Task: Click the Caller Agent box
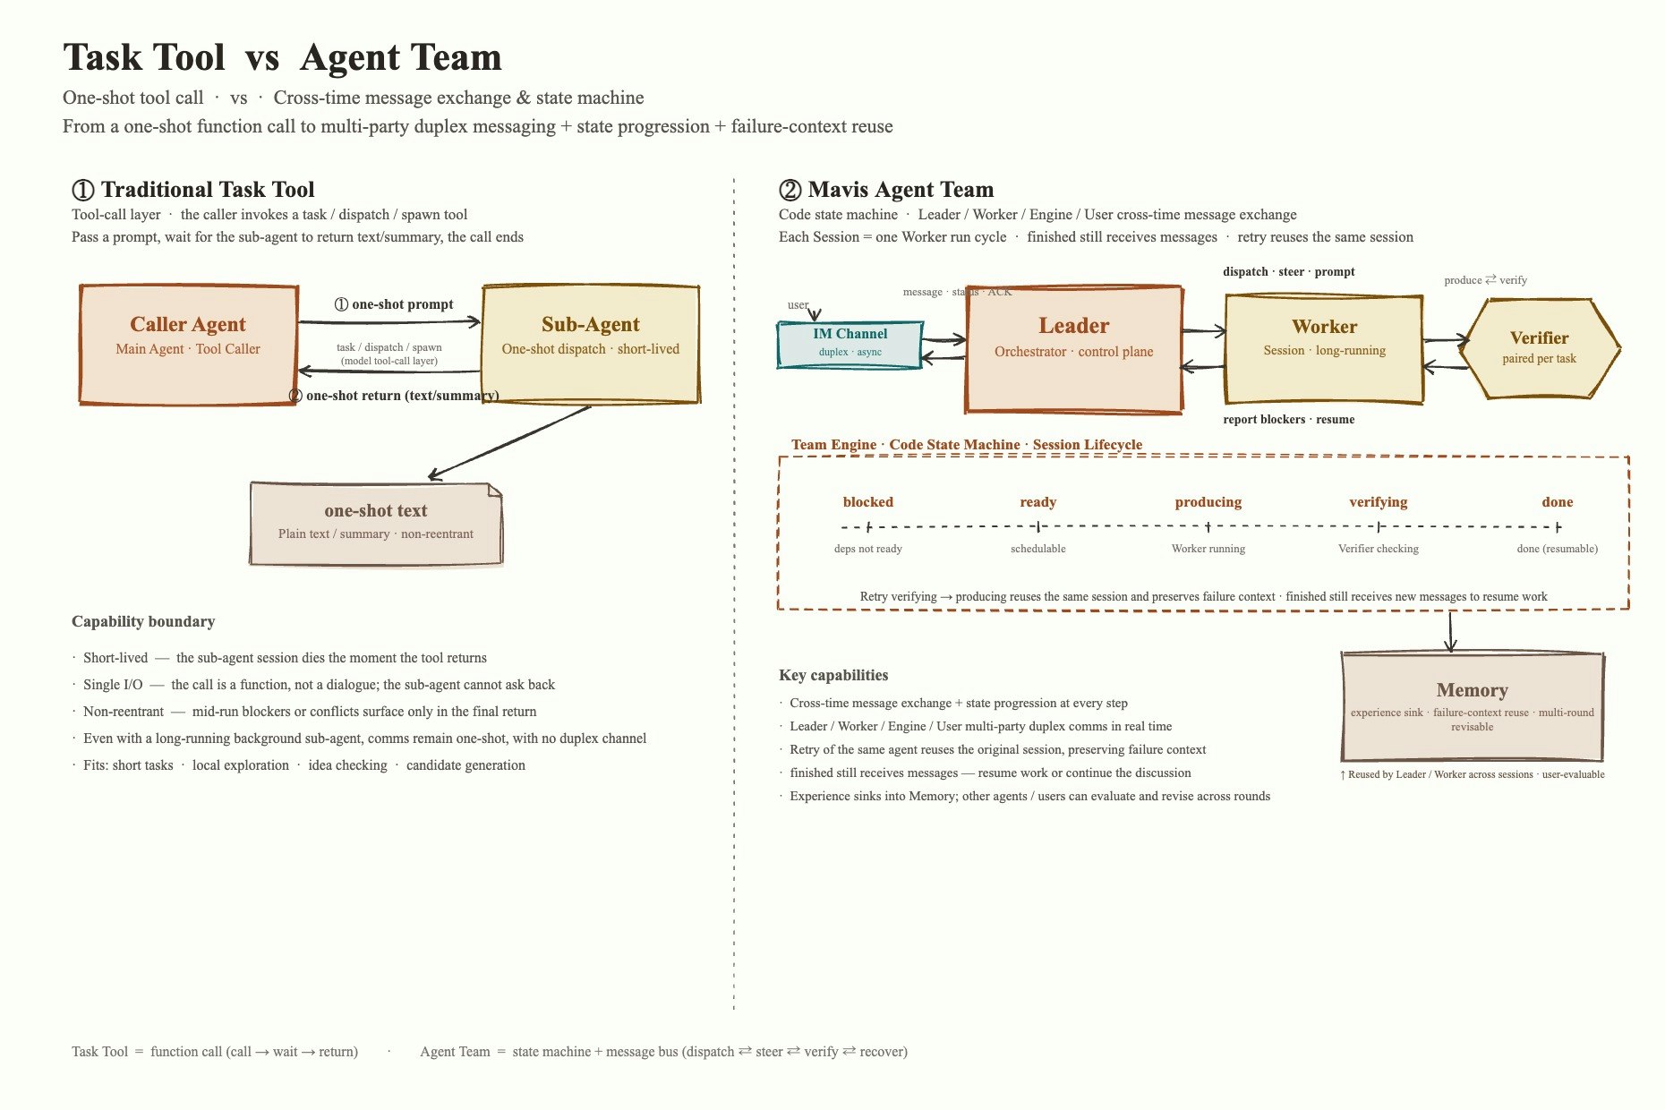[188, 345]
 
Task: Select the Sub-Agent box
[591, 345]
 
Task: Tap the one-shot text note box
[376, 524]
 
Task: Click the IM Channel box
[850, 345]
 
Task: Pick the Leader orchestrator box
[1074, 349]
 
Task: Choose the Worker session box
[1324, 349]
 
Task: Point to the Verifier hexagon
[1540, 347]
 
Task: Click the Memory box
[1473, 707]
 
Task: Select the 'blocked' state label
[868, 502]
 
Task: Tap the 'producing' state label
[1208, 502]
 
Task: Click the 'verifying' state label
[1379, 502]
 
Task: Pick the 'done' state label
[1558, 502]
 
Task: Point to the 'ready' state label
[1038, 502]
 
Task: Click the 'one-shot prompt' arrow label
[394, 304]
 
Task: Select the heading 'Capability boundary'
[143, 621]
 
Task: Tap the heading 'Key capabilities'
[833, 675]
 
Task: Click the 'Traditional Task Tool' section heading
[193, 190]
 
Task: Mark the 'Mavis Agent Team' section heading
[886, 190]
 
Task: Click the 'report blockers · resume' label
[1289, 419]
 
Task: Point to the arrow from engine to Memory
[1450, 632]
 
